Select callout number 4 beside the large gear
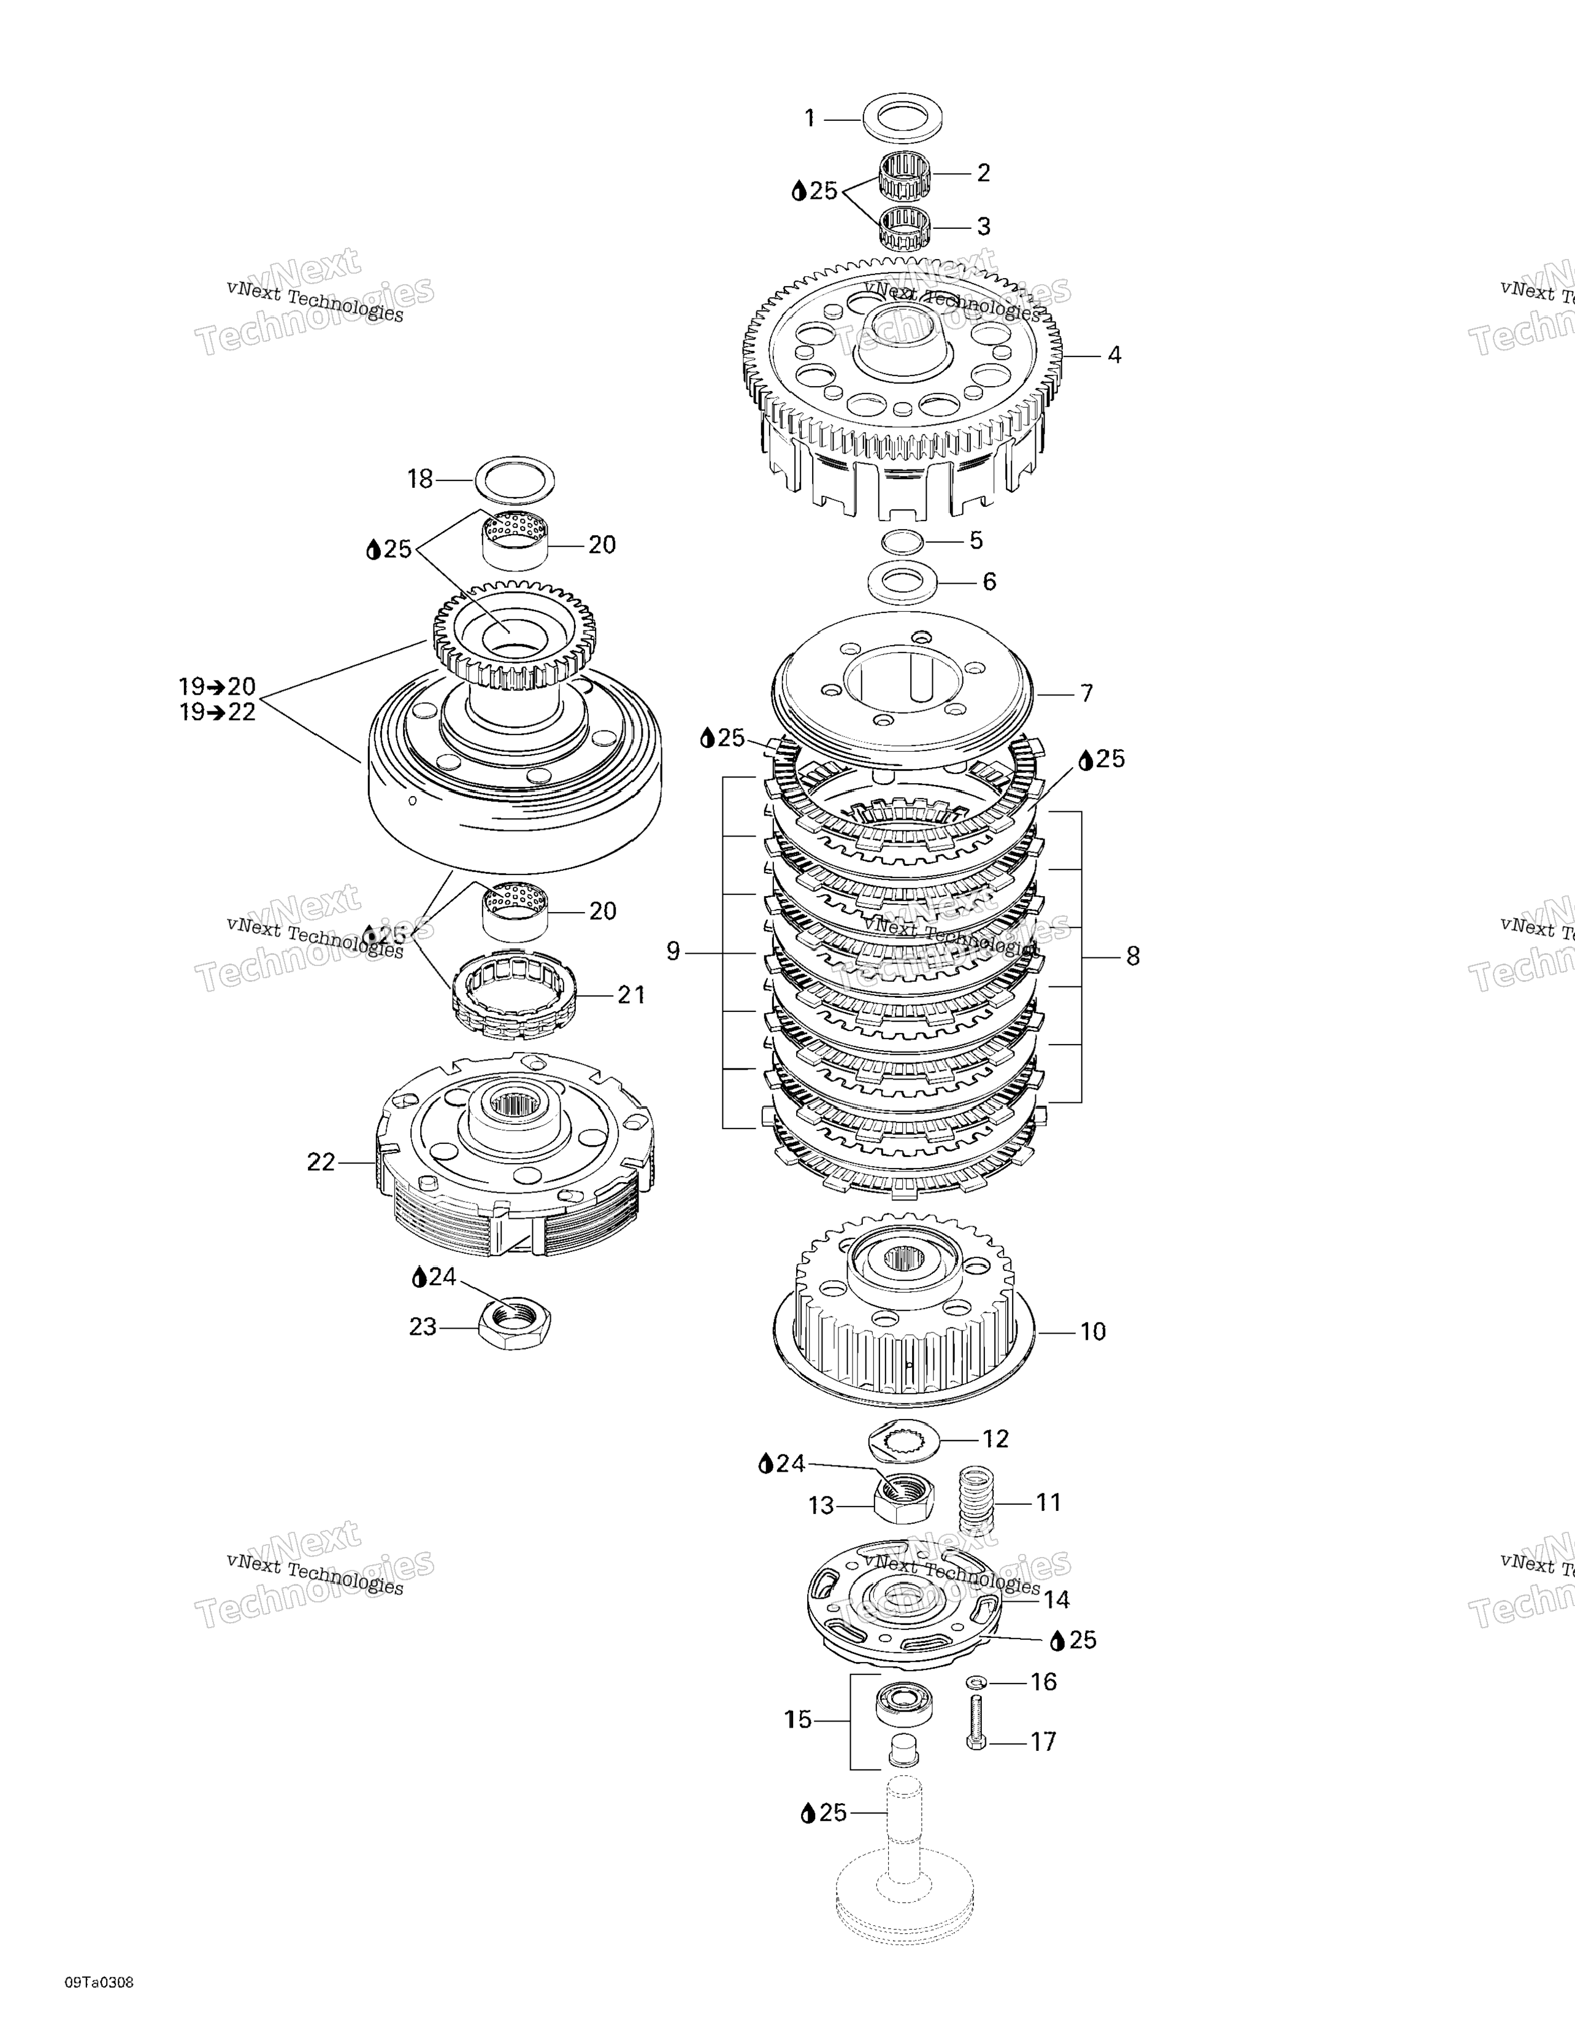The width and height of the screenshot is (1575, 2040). click(1114, 355)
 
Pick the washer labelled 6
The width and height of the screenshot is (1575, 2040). click(903, 582)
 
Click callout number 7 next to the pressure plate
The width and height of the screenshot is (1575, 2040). click(1086, 693)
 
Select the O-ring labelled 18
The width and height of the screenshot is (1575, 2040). click(513, 479)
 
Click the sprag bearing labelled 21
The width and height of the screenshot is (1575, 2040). click(513, 997)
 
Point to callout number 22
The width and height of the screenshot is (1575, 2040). click(320, 1162)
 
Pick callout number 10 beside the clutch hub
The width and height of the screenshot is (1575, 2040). click(1092, 1331)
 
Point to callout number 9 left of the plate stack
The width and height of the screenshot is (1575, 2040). click(673, 952)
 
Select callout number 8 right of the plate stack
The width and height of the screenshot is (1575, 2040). click(1132, 957)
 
